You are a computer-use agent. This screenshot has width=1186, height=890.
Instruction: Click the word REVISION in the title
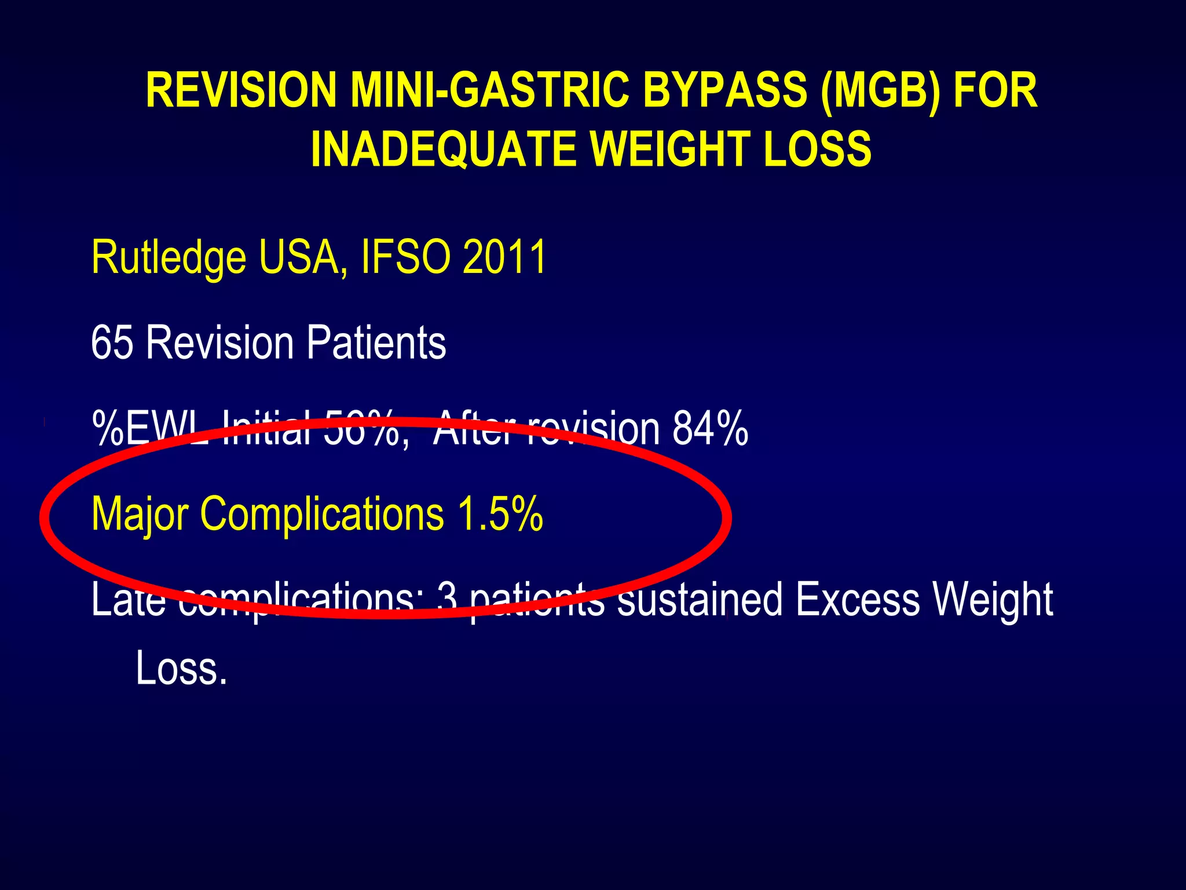point(241,90)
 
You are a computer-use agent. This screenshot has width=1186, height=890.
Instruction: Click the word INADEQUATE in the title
point(442,149)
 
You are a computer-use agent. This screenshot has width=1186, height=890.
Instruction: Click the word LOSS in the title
point(817,149)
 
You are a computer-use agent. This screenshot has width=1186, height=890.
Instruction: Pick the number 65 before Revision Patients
point(112,342)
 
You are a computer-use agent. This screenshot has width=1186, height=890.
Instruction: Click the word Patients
point(376,342)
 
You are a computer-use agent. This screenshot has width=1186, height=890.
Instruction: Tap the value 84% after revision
point(710,428)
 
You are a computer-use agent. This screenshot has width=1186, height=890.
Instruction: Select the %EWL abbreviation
point(151,428)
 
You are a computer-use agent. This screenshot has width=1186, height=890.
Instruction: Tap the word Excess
point(858,600)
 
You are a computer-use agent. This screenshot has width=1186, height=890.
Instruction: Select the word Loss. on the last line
point(181,668)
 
